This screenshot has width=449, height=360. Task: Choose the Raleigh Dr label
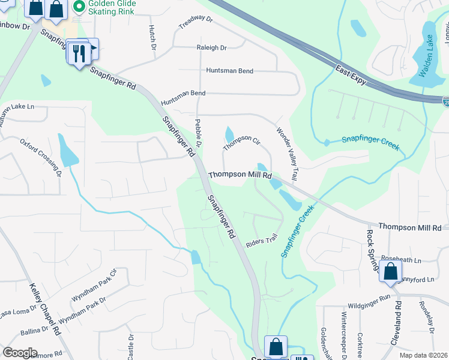click(211, 47)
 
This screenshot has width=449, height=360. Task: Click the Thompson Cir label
click(241, 143)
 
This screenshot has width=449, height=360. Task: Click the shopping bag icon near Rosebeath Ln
click(390, 271)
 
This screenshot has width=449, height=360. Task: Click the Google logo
click(20, 352)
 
